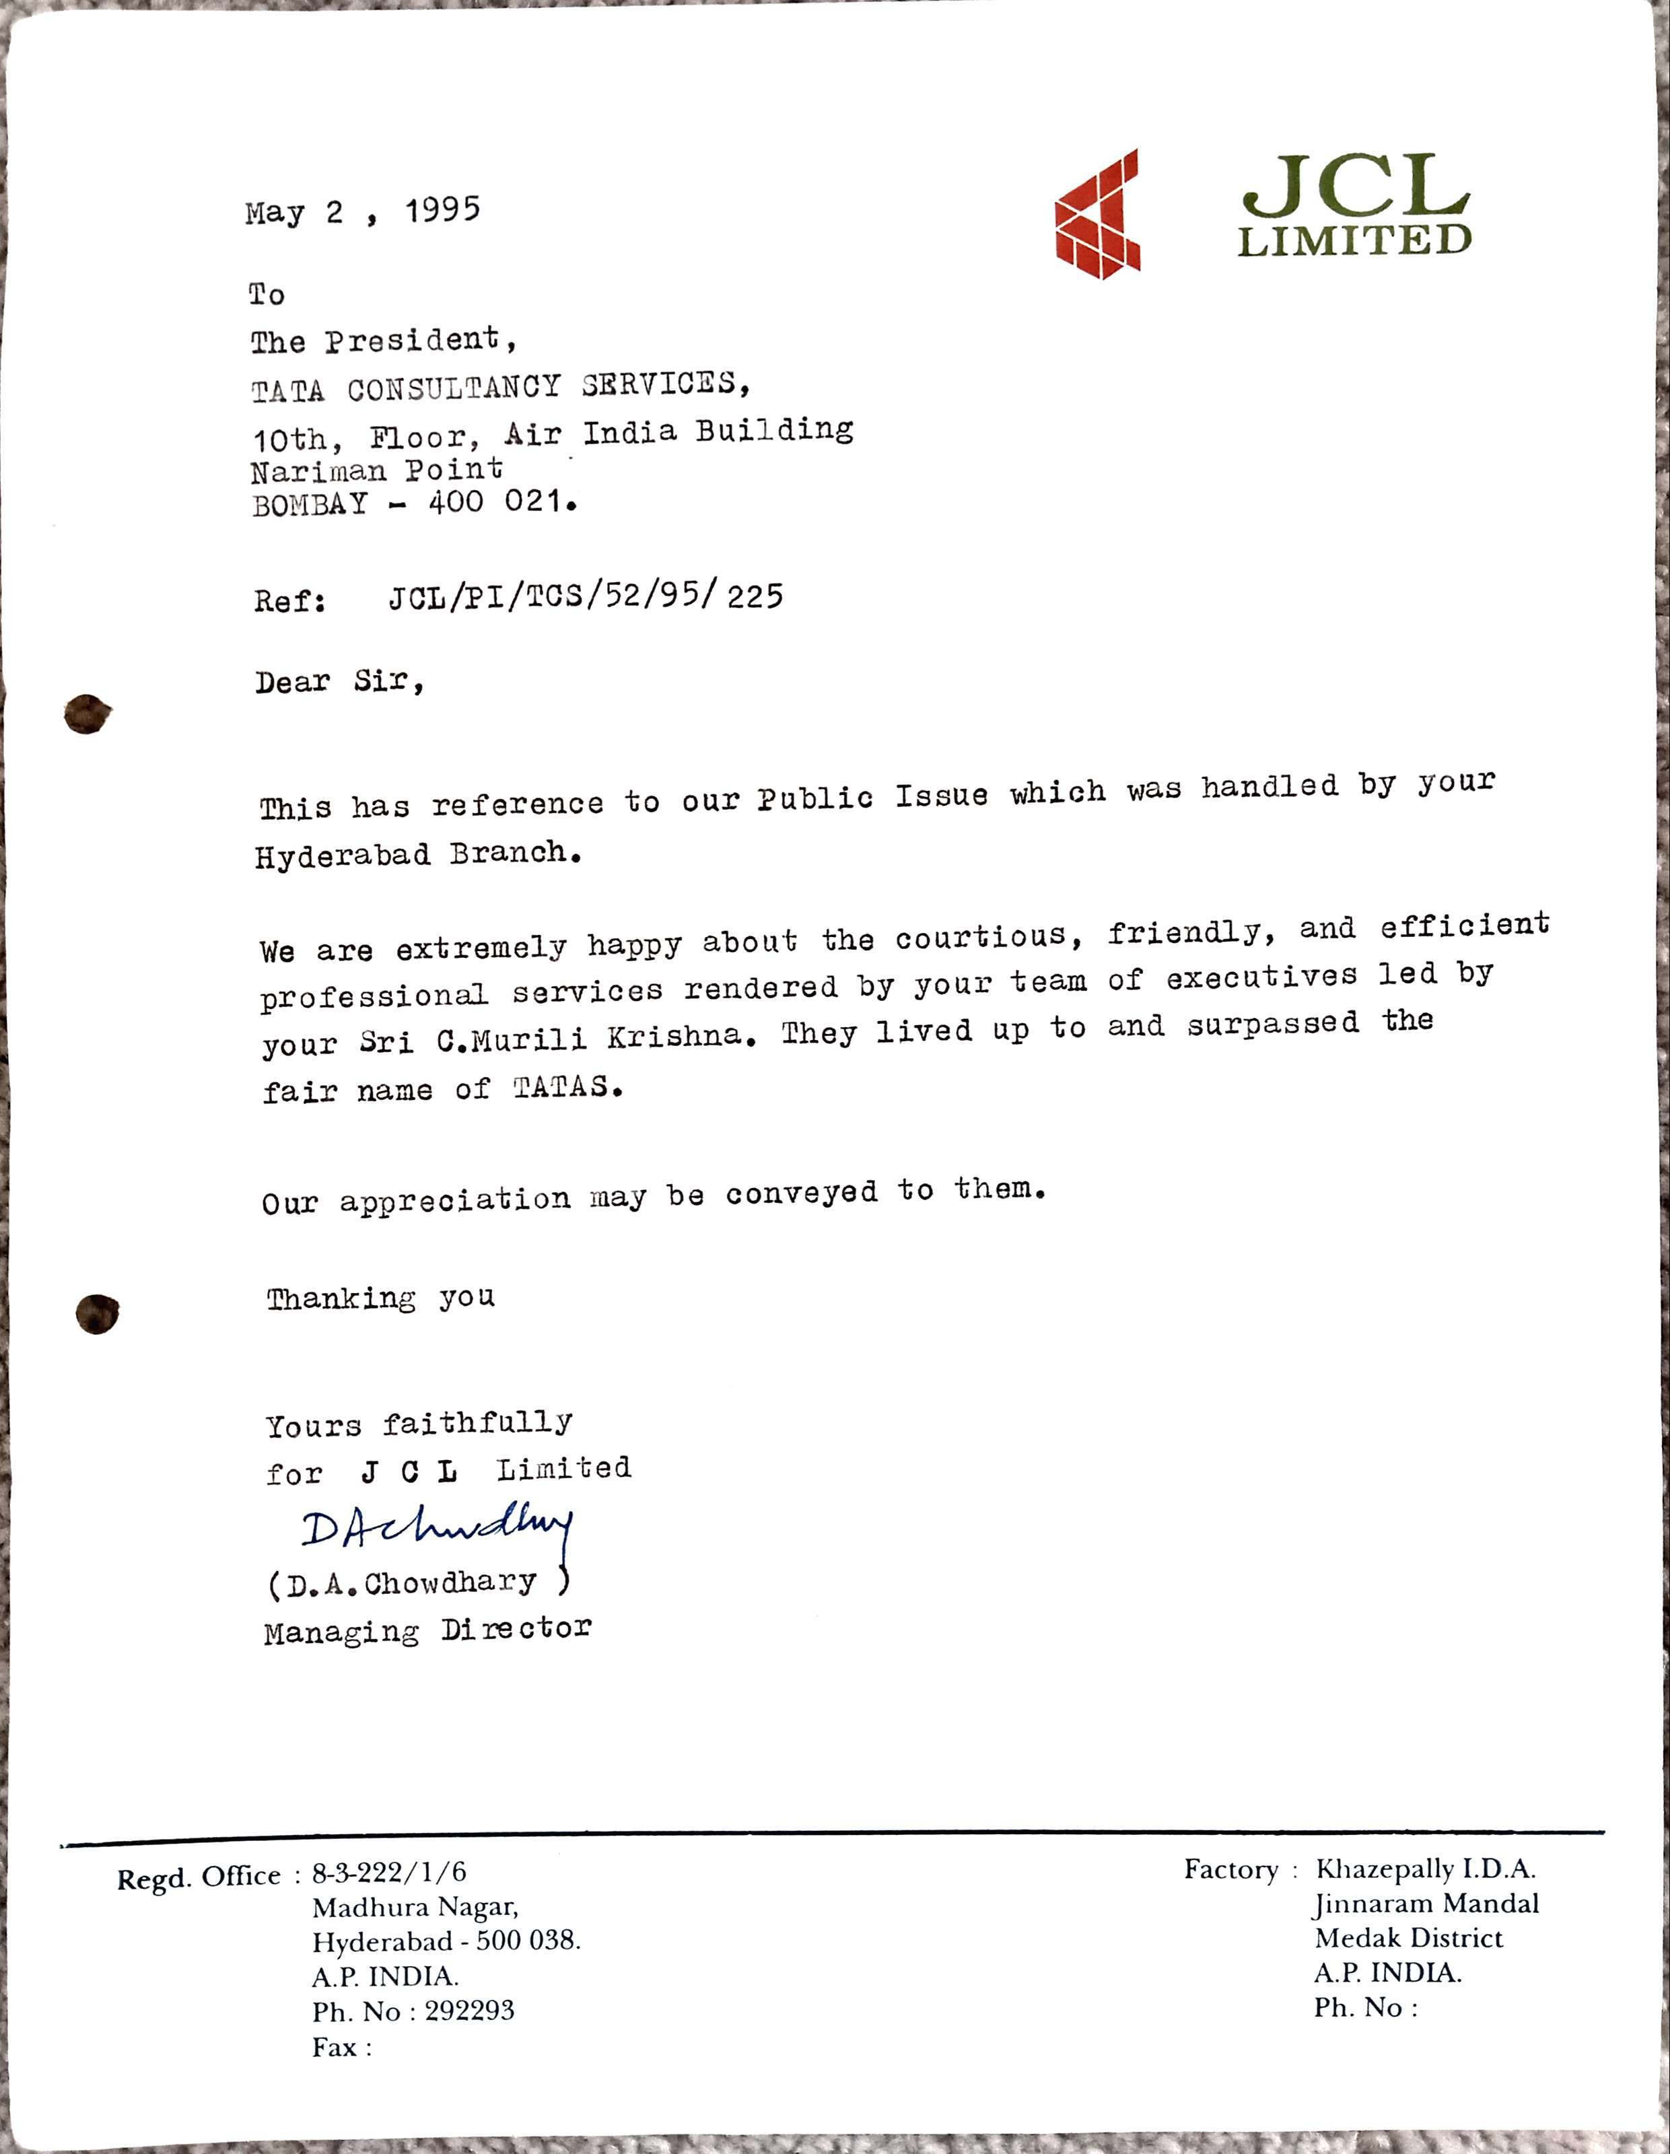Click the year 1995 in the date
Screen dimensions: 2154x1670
coord(442,209)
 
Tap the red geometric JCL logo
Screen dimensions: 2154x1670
coord(1098,214)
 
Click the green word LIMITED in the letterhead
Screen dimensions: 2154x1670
coord(1354,240)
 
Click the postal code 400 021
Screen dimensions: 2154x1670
coord(501,502)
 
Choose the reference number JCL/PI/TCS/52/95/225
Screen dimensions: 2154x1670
coord(586,596)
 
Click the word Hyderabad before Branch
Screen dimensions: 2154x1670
coord(343,855)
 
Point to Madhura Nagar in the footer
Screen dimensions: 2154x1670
coord(415,1906)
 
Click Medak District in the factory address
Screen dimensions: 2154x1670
coord(1409,1938)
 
